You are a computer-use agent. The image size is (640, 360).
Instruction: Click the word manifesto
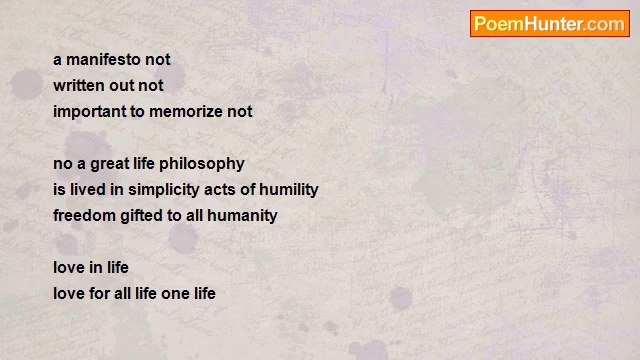pos(103,60)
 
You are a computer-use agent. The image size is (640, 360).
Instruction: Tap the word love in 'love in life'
pos(69,268)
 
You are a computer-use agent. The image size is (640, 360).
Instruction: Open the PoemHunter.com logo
pos(549,24)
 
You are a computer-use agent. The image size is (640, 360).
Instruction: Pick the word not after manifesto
pos(158,60)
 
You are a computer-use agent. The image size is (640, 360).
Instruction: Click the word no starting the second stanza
pos(62,164)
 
